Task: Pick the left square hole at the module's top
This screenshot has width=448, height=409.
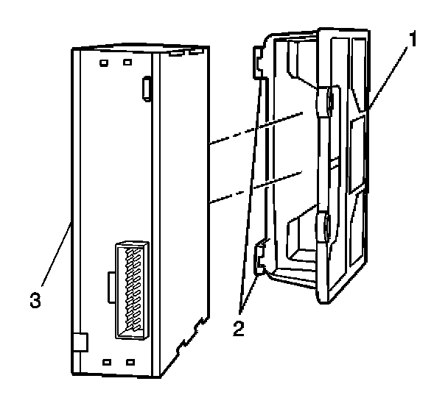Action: tap(105, 63)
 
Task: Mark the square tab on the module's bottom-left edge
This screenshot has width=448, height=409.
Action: tap(80, 342)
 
